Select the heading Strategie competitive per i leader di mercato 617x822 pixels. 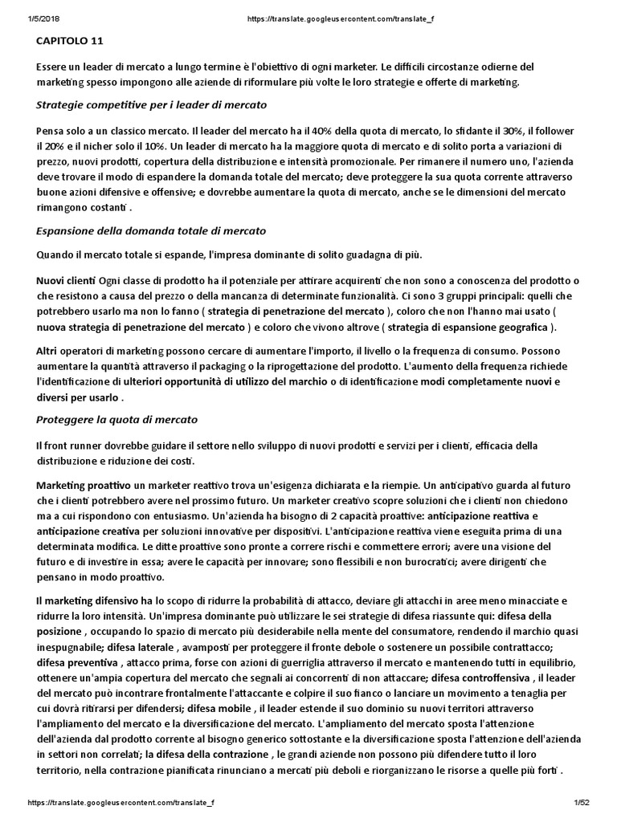click(x=152, y=105)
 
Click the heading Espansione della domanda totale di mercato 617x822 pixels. click(x=151, y=230)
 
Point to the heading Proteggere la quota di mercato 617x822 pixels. click(x=116, y=419)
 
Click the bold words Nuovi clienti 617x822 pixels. click(x=66, y=280)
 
